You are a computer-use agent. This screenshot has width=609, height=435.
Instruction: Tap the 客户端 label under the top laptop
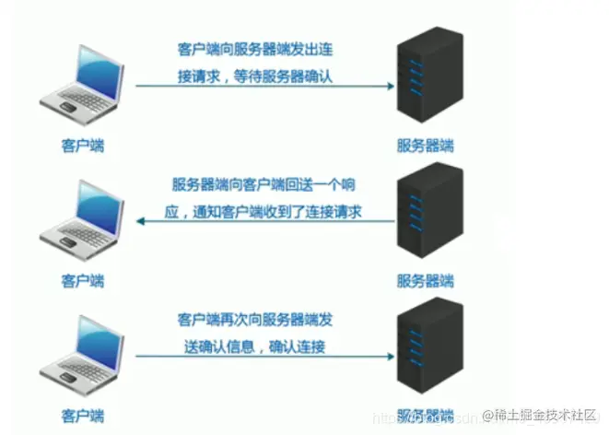pos(79,146)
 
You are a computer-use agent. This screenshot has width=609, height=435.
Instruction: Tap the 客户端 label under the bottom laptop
pos(79,415)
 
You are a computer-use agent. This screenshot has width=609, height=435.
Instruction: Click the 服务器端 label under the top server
pos(425,146)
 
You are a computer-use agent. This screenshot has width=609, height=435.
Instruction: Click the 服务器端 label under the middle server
pos(425,280)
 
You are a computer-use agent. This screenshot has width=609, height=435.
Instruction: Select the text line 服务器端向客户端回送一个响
pos(266,183)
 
